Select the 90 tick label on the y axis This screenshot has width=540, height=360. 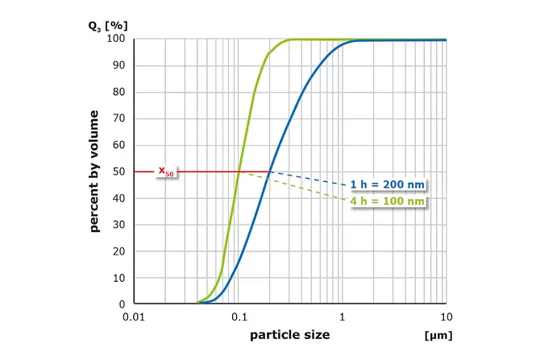[118, 65]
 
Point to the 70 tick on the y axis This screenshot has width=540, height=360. [118, 118]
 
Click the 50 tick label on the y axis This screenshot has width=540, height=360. [118, 172]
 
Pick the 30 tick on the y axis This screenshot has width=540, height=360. [118, 225]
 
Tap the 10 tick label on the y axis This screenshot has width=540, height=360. [118, 278]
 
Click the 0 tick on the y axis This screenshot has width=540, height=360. [121, 304]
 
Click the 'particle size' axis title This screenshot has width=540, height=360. [290, 333]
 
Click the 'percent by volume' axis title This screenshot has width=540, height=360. [95, 171]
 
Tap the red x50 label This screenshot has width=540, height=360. [165, 172]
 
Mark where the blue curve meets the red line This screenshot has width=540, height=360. [268, 172]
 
